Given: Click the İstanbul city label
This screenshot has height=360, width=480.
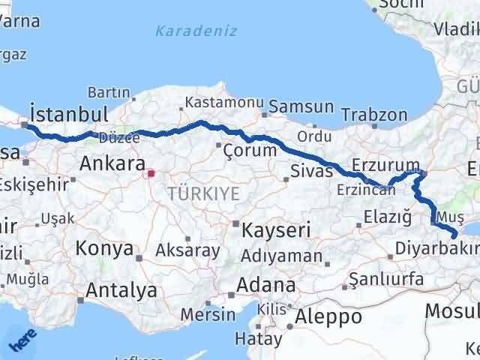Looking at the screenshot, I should point(66,114).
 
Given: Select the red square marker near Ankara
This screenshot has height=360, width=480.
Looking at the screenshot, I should point(151,174).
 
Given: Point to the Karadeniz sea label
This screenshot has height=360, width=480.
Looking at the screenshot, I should point(196,31).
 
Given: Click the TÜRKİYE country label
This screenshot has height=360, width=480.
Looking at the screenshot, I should point(203,193).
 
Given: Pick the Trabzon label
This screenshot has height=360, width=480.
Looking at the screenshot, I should point(374,115).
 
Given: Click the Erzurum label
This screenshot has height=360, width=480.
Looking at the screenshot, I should point(385,164).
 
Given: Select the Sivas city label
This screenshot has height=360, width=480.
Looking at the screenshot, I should point(311,171).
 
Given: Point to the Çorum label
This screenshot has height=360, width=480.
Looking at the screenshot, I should point(250,150).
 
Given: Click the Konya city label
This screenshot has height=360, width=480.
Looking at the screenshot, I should point(104,248).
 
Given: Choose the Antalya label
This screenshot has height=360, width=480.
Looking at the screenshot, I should point(121,290).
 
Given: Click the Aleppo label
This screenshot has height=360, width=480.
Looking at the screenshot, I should point(328,316).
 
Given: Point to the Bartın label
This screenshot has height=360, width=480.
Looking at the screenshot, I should point(109,93).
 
